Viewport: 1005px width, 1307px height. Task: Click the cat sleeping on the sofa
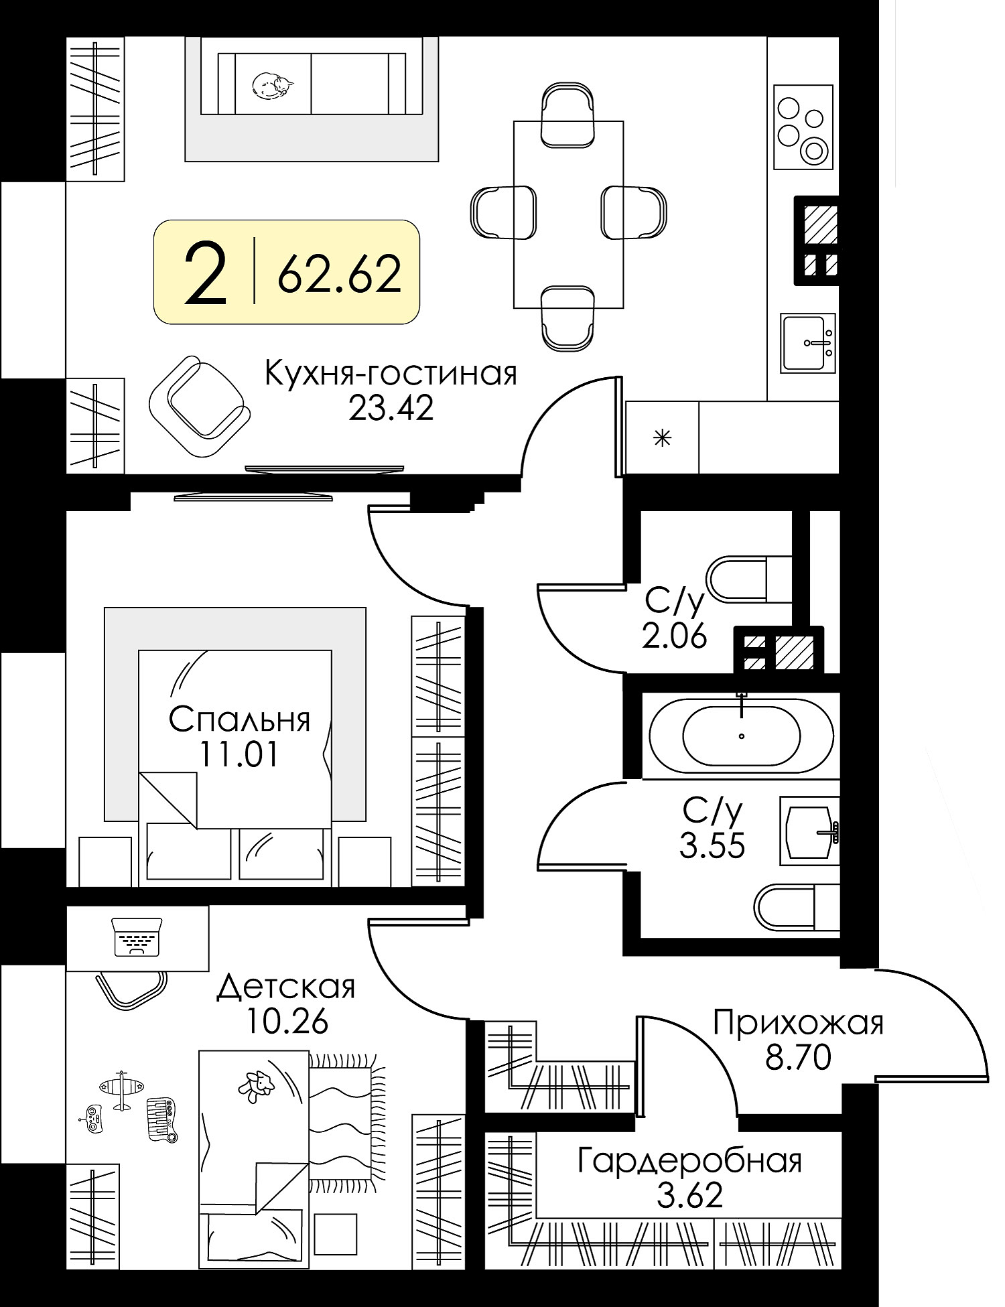coord(272,86)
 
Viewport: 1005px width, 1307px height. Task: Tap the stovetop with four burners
coord(803,127)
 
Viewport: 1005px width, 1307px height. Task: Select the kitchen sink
coord(809,342)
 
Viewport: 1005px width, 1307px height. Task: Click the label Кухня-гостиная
coord(391,374)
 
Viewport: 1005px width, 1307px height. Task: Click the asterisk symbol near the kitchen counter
coord(662,439)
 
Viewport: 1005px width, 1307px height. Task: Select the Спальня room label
coord(239,720)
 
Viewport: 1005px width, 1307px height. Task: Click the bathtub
coord(741,735)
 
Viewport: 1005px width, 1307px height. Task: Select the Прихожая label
coord(798,1024)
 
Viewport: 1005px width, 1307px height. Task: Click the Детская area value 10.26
coord(287,1022)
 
